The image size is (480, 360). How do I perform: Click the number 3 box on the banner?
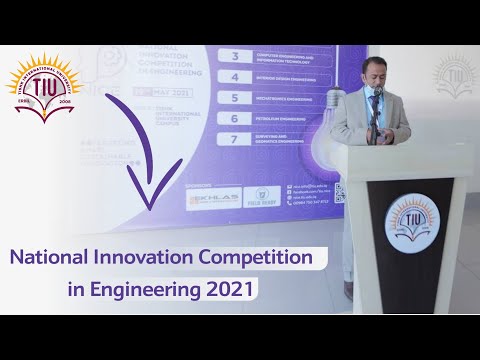(235, 58)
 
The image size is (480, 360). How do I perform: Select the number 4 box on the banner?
(235, 77)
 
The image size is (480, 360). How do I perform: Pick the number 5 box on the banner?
(235, 98)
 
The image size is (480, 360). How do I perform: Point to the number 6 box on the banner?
(235, 119)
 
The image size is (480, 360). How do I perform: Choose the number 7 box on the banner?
(235, 141)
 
